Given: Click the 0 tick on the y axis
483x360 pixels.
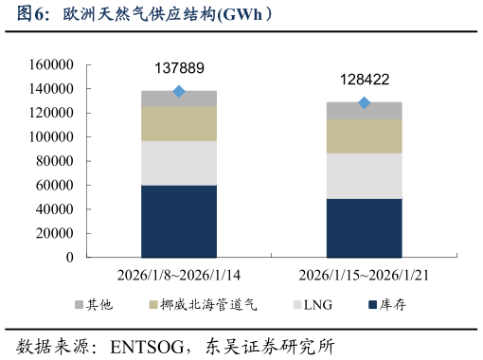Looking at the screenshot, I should click(70, 258).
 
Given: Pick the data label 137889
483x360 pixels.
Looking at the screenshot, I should click(179, 68).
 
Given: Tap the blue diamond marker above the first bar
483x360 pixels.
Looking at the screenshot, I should click(179, 92).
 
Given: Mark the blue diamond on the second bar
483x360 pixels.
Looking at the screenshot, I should click(365, 103).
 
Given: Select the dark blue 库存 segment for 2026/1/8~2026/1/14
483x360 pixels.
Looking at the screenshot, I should click(179, 221).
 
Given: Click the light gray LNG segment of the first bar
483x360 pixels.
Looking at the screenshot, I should click(179, 163).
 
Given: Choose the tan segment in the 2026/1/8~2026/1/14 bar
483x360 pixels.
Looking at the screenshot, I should click(179, 123).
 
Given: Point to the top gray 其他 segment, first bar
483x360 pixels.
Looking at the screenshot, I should click(179, 99).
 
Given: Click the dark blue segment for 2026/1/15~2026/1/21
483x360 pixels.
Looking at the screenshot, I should click(365, 227).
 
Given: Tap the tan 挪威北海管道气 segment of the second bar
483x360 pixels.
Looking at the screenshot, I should click(365, 135).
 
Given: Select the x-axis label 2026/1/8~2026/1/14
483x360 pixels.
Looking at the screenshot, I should click(179, 276).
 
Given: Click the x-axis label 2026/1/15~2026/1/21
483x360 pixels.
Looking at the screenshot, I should click(365, 276).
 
